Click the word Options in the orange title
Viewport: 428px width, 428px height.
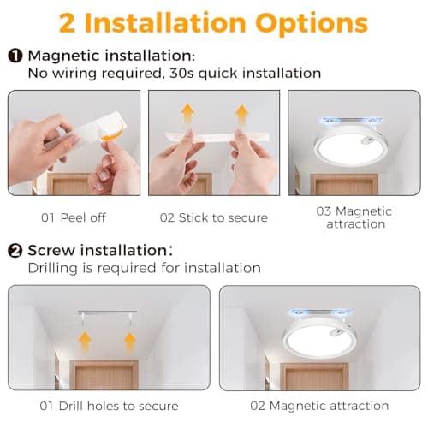pyautogui.click(x=312, y=24)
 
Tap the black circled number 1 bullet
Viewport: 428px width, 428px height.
pyautogui.click(x=15, y=56)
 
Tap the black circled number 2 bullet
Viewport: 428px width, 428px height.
pyautogui.click(x=15, y=251)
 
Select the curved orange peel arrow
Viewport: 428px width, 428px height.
pyautogui.click(x=114, y=132)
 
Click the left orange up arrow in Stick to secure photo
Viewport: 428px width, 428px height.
pyautogui.click(x=187, y=114)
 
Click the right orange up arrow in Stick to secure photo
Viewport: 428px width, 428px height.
pyautogui.click(x=242, y=114)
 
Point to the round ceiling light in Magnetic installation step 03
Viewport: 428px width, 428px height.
pyautogui.click(x=350, y=147)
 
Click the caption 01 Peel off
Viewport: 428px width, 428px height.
pyautogui.click(x=74, y=217)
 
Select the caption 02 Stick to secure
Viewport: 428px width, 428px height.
pyautogui.click(x=214, y=217)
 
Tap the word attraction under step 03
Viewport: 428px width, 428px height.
pyautogui.click(x=356, y=224)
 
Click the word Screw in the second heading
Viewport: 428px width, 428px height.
pyautogui.click(x=51, y=250)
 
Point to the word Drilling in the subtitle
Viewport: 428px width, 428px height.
pyautogui.click(x=53, y=268)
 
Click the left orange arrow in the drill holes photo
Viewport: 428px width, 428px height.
pyautogui.click(x=85, y=341)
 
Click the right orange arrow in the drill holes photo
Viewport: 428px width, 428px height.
pyautogui.click(x=130, y=341)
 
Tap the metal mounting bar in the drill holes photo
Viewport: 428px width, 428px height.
pyautogui.click(x=107, y=312)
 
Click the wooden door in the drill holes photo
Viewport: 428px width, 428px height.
pyautogui.click(x=104, y=375)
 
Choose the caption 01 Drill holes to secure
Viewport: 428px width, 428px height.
pyautogui.click(x=109, y=406)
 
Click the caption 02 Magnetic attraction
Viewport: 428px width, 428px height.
pyautogui.click(x=319, y=406)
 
